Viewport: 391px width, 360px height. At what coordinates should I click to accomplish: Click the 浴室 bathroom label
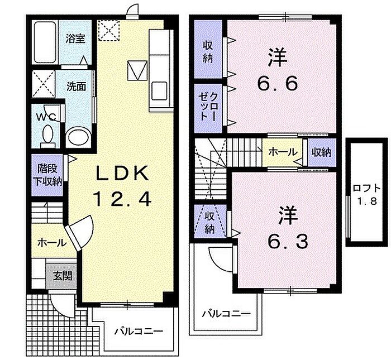pos(75,39)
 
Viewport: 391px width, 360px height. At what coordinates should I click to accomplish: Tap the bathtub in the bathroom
pos(45,42)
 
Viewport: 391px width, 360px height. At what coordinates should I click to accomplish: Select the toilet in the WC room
pos(47,136)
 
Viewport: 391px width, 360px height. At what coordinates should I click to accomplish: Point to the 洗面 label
pos(76,86)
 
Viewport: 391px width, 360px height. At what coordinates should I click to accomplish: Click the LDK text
pos(122,172)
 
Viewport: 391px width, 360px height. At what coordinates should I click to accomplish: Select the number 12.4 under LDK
pos(122,199)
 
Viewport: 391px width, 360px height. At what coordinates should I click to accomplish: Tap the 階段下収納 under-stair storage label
pos(47,175)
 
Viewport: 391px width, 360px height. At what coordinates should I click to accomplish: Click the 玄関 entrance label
pos(63,276)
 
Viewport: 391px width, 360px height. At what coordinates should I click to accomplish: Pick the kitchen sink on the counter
pos(159,90)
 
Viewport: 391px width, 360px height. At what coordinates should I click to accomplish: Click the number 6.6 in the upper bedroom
pos(277,84)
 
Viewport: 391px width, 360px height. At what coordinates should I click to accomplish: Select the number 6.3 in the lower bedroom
pos(288,241)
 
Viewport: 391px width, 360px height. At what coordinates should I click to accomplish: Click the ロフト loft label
pos(366,188)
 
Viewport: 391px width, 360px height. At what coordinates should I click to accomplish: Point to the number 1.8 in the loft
pos(368,201)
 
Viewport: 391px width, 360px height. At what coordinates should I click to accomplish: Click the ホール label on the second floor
pos(283,152)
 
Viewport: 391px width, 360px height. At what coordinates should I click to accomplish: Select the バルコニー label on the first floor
pos(139,332)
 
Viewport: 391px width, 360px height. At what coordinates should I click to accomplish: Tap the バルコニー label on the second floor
pos(226,314)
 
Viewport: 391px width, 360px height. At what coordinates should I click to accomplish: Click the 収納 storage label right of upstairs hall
pos(322,152)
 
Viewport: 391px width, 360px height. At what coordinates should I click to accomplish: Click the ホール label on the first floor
pos(52,242)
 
